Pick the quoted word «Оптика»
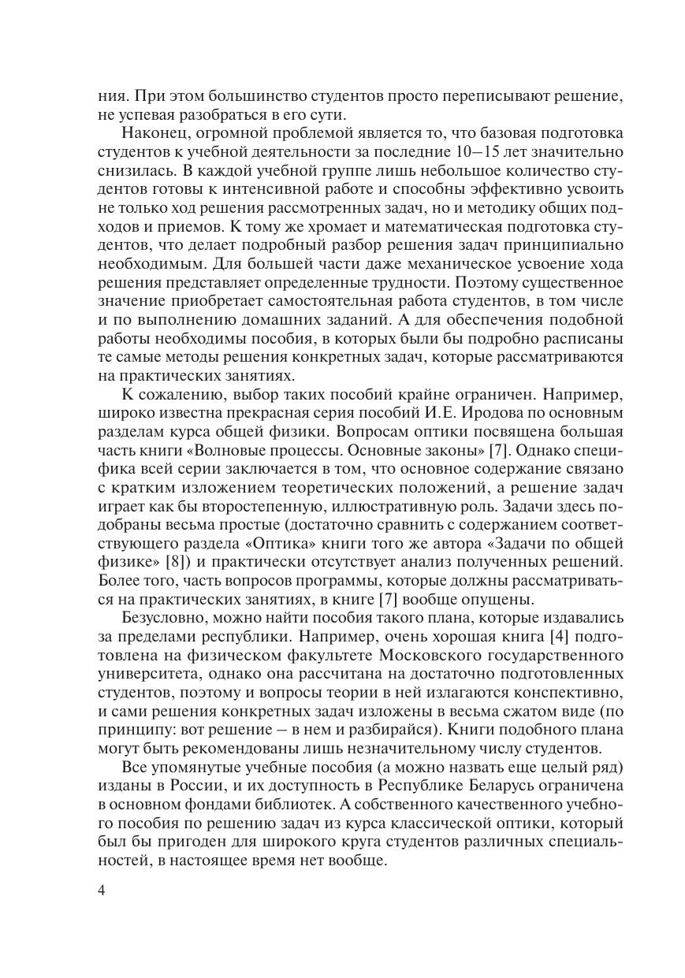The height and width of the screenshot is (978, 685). pos(309,544)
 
